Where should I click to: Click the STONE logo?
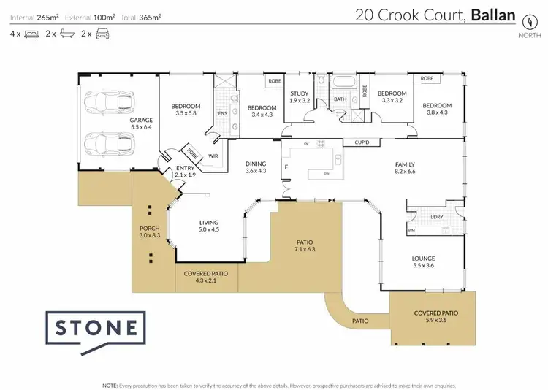(x=96, y=328)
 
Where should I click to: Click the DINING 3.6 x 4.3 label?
(x=256, y=167)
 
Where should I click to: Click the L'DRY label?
(x=438, y=217)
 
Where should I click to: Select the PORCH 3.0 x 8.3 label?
(x=149, y=232)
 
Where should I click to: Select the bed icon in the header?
(x=31, y=34)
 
